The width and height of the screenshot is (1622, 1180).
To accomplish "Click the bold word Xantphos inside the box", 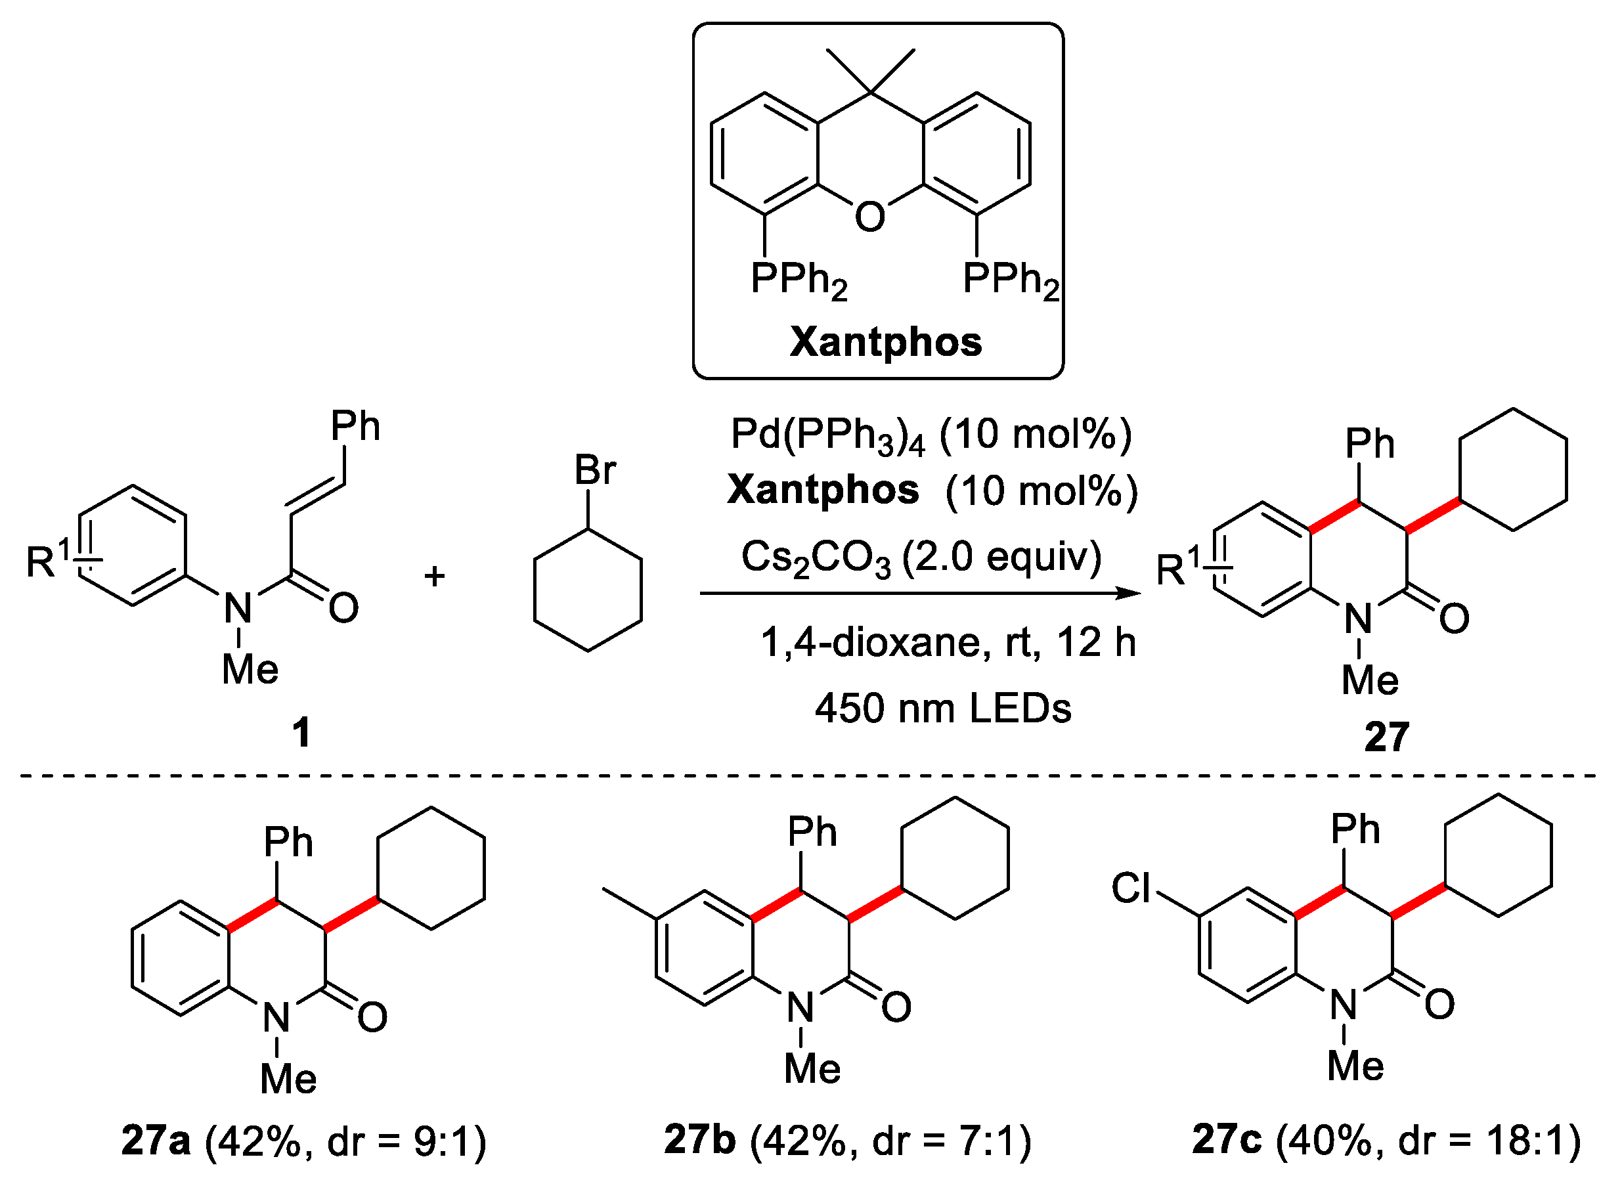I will [885, 342].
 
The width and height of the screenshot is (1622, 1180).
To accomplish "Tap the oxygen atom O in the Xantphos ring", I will [869, 217].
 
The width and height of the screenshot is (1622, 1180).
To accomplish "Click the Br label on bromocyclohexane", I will [594, 470].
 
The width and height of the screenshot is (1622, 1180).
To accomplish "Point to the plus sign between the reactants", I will [434, 576].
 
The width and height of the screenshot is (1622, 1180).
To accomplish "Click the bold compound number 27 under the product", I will [1386, 737].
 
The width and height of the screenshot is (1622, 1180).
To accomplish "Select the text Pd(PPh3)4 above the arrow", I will [827, 435].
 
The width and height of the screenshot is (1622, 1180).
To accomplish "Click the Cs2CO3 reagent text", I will [816, 557].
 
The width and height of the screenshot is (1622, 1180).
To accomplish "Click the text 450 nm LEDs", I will [942, 708].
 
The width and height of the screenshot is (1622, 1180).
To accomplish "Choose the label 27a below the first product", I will [156, 1140].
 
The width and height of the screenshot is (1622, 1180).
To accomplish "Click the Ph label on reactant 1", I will [355, 426].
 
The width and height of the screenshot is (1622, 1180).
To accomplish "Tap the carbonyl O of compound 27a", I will [372, 1017].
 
